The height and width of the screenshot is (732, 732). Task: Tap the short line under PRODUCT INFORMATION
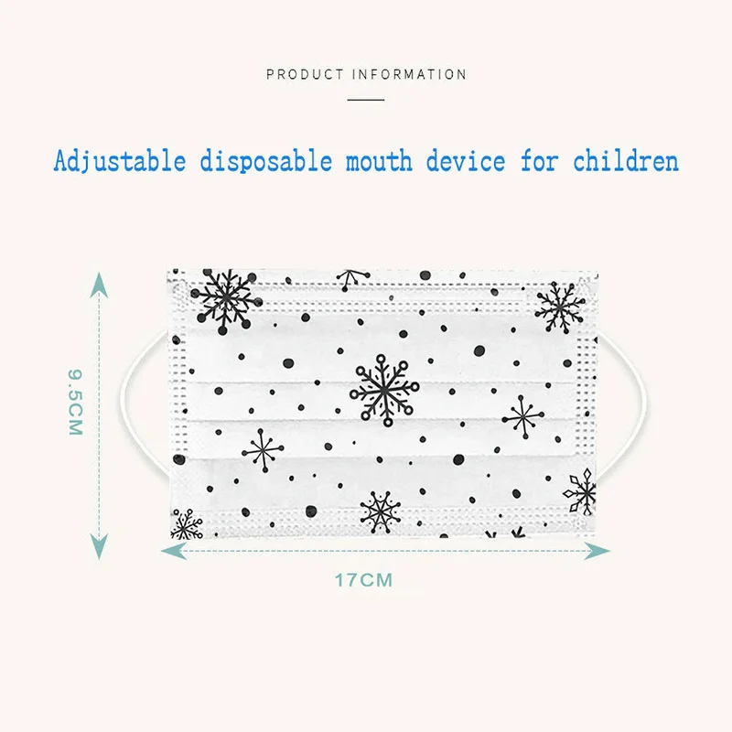[366, 98]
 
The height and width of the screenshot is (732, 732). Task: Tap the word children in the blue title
[626, 162]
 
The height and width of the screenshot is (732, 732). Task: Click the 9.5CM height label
[74, 402]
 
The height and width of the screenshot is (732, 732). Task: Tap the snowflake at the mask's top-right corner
[559, 307]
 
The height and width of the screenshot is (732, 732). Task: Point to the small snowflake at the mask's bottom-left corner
[187, 524]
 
